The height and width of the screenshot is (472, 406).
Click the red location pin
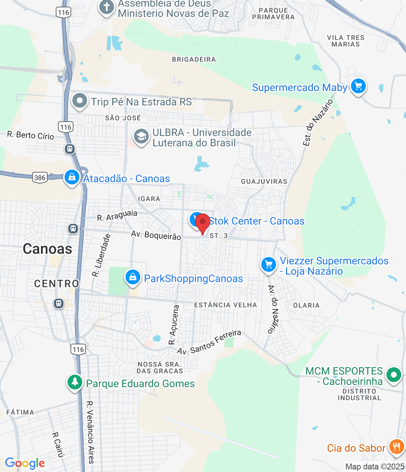click(x=203, y=222)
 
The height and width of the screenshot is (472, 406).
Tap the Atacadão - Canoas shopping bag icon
click(x=72, y=177)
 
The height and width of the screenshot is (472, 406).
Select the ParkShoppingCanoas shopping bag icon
click(x=133, y=277)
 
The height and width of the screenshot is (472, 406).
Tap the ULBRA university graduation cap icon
click(x=141, y=137)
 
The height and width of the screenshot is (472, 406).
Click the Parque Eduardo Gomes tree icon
click(x=75, y=382)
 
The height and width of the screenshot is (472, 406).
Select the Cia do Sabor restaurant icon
click(x=396, y=447)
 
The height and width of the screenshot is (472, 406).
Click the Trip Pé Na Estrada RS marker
click(x=79, y=101)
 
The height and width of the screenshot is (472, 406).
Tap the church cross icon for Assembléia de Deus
click(x=107, y=7)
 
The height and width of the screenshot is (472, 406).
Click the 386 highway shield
click(x=40, y=178)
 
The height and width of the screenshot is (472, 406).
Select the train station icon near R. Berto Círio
click(x=70, y=149)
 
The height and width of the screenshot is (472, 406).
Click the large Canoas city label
click(x=48, y=249)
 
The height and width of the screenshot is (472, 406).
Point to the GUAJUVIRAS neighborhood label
click(x=264, y=181)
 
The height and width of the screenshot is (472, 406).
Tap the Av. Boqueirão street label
click(x=156, y=235)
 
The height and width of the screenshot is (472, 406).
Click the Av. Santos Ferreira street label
click(x=209, y=343)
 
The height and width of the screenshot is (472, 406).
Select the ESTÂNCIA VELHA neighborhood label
click(x=226, y=305)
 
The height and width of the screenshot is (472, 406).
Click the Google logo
click(x=25, y=464)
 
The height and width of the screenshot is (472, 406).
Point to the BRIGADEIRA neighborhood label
click(x=194, y=59)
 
